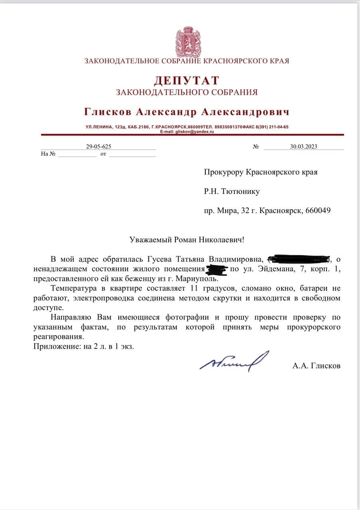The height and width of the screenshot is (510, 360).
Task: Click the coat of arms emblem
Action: click(186, 41)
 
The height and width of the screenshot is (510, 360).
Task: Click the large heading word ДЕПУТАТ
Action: click(187, 80)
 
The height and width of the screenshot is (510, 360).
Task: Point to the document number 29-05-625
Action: click(98, 146)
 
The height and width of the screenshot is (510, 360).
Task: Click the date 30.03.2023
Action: click(304, 146)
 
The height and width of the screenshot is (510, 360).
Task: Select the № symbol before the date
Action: click(256, 147)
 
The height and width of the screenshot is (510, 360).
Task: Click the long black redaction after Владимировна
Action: click(299, 259)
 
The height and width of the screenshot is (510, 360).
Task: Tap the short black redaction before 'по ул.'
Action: click(217, 269)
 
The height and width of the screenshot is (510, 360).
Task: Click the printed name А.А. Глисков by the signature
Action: click(317, 365)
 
